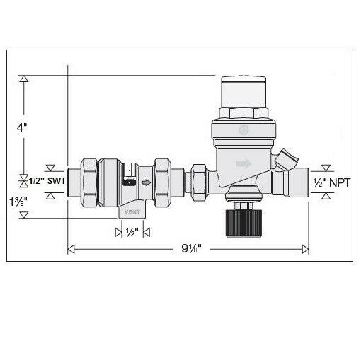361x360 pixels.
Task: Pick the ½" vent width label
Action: [x=130, y=231]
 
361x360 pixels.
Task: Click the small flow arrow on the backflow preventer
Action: [x=146, y=182]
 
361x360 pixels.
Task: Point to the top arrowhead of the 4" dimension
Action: [x=24, y=79]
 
